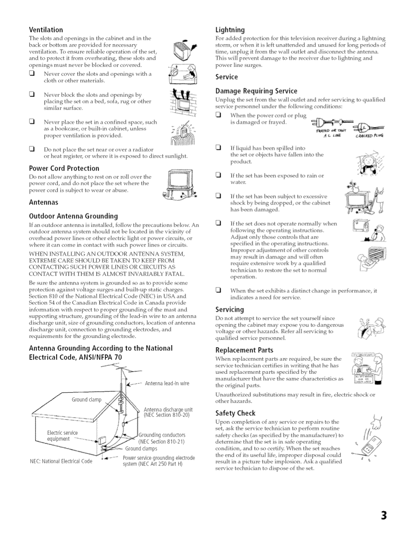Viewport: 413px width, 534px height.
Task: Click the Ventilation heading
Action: pyautogui.click(x=46, y=30)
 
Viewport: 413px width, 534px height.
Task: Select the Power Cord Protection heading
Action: pyautogui.click(x=64, y=168)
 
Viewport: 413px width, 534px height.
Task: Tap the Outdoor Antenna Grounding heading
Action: pyautogui.click(x=73, y=216)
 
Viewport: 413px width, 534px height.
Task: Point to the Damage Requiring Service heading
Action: pyautogui.click(x=256, y=91)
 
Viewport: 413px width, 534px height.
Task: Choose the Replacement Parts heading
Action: pyautogui.click(x=244, y=350)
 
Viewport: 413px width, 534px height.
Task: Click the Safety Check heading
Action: pyautogui.click(x=235, y=413)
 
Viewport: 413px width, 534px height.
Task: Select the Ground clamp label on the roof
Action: pyautogui.click(x=87, y=400)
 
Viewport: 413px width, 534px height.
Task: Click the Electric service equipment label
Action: pyautogui.click(x=62, y=436)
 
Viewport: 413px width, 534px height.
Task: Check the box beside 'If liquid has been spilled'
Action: pyautogui.click(x=218, y=148)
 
